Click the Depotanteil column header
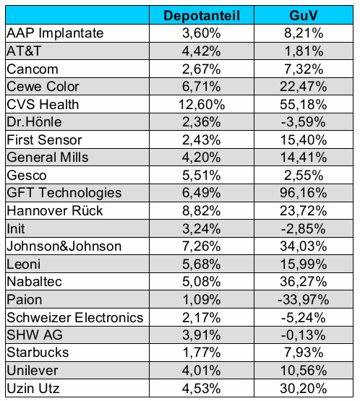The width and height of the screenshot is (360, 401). click(x=202, y=16)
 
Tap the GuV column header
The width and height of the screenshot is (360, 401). click(x=304, y=16)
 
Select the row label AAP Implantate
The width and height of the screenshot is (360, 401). click(x=55, y=33)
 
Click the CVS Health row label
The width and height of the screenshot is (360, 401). click(x=43, y=105)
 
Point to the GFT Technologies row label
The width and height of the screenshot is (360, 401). click(x=64, y=193)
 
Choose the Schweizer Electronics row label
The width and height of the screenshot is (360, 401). click(x=75, y=318)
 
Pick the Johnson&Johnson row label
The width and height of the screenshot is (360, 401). click(x=64, y=246)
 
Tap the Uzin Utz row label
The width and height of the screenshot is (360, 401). click(x=33, y=389)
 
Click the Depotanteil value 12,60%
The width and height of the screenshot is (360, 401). click(x=202, y=105)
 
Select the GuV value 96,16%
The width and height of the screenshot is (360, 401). click(x=304, y=193)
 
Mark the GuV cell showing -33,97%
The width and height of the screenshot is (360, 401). click(x=304, y=300)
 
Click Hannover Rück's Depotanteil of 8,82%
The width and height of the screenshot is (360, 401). click(x=202, y=211)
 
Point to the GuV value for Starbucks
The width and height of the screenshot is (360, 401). click(x=304, y=353)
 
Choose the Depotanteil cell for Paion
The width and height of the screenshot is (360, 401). click(x=202, y=300)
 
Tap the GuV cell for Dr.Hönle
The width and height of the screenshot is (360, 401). click(x=304, y=122)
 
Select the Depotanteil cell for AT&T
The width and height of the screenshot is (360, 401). click(x=202, y=51)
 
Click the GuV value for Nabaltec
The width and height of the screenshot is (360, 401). click(x=304, y=282)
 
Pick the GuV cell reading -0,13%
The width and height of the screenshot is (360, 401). click(x=304, y=335)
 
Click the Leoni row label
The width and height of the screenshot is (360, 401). click(x=24, y=264)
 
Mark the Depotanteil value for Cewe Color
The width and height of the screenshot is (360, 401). click(x=202, y=87)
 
